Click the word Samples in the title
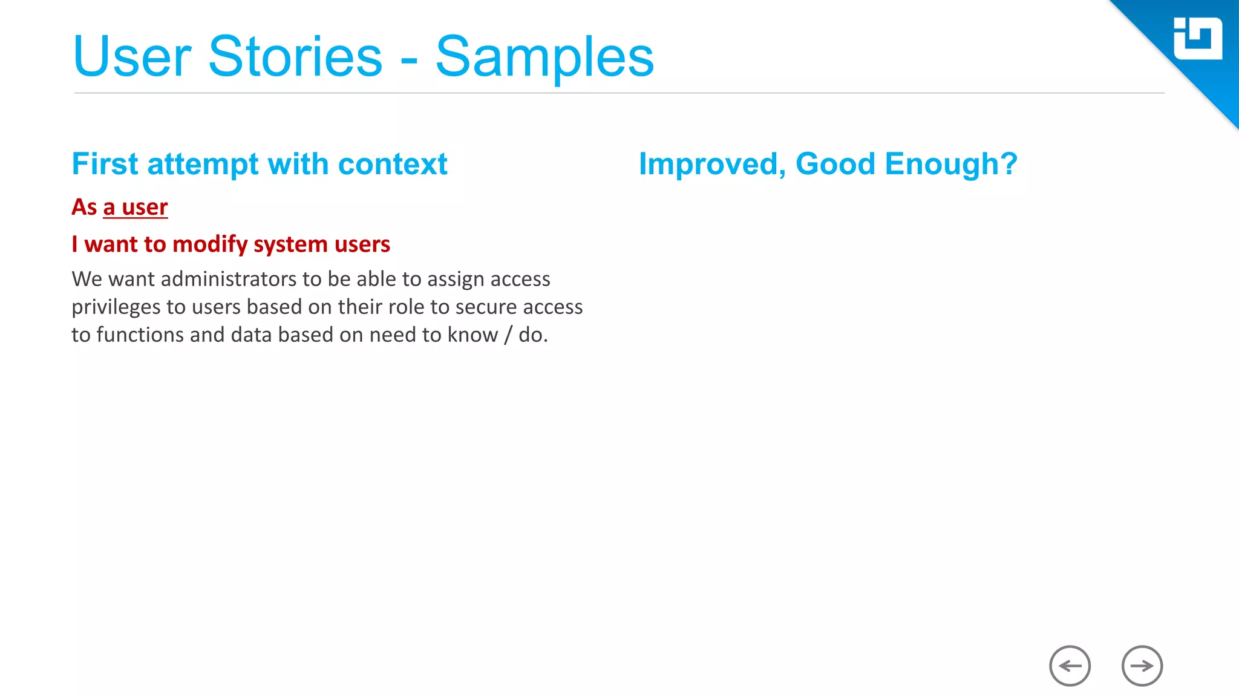pos(544,57)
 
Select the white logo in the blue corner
pos(1197,39)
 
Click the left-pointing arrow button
pos(1070,666)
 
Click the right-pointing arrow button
pos(1142,666)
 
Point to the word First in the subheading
pos(105,164)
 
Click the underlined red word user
pos(145,208)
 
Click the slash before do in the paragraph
pos(508,335)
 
